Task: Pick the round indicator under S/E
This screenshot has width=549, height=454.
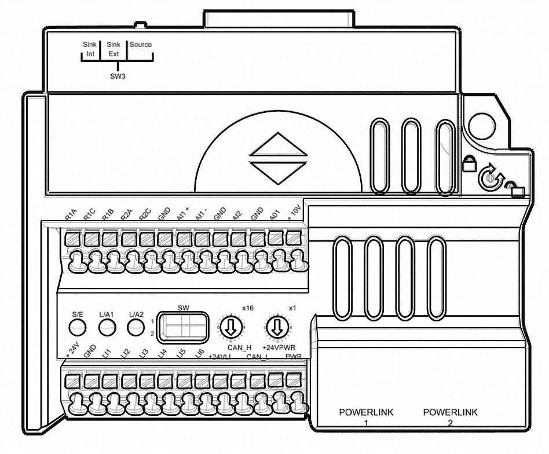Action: tap(78, 328)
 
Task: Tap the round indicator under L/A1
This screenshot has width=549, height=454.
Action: tap(106, 328)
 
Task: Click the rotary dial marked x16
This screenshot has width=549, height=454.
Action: tap(230, 328)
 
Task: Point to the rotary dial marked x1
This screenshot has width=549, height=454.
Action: tap(276, 328)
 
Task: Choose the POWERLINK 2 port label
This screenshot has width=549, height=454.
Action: tap(451, 417)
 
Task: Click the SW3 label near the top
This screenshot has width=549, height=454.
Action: tap(118, 76)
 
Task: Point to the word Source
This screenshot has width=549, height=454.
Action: tap(140, 45)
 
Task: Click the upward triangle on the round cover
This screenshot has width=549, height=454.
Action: tap(278, 146)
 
